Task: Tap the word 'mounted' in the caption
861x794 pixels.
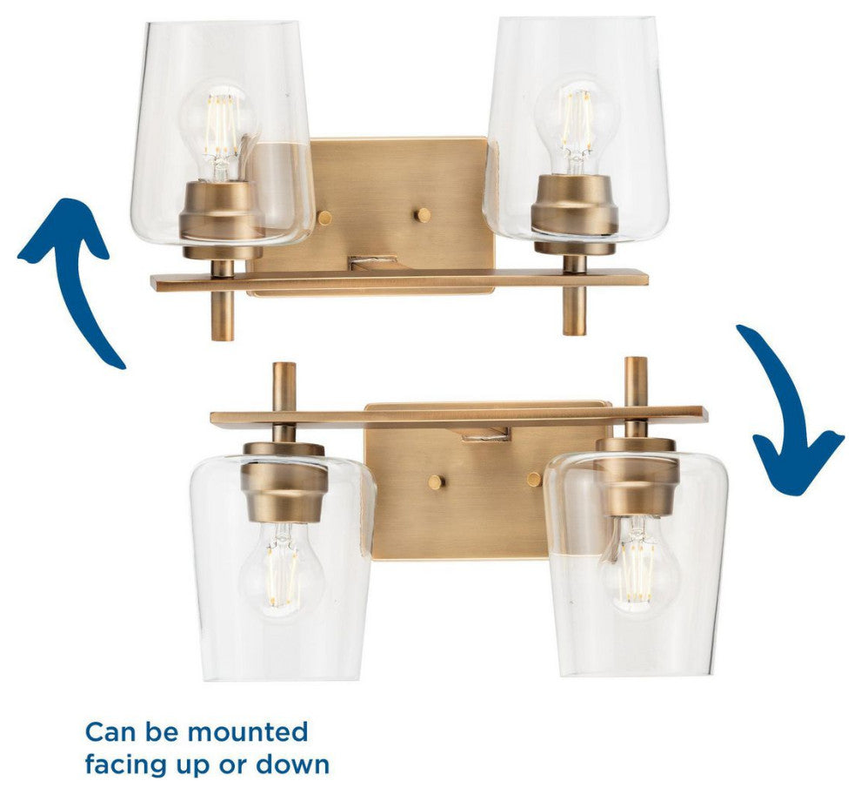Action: (x=248, y=732)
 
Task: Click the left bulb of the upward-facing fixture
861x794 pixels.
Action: (x=221, y=132)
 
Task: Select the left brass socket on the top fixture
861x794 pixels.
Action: (x=222, y=220)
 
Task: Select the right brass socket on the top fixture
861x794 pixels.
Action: (x=575, y=214)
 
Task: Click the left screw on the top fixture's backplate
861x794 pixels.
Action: (x=325, y=218)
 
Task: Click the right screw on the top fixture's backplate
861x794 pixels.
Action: (x=423, y=215)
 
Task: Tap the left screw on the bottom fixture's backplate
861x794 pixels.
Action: (x=437, y=482)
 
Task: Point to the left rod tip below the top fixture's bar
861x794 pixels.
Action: (x=223, y=337)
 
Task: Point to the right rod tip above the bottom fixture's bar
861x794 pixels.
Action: (x=637, y=361)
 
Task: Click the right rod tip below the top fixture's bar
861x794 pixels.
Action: (x=574, y=331)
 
